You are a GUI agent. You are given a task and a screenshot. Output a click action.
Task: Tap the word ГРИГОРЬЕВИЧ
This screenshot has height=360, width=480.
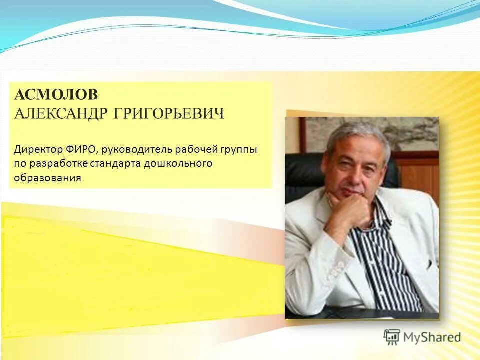pos(169,113)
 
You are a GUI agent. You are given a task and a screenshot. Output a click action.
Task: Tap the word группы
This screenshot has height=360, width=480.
pos(237,150)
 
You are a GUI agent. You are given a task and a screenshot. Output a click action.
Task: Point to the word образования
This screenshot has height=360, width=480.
pos(47,178)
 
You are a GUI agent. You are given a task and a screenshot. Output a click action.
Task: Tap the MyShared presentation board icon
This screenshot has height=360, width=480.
pos(392,337)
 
